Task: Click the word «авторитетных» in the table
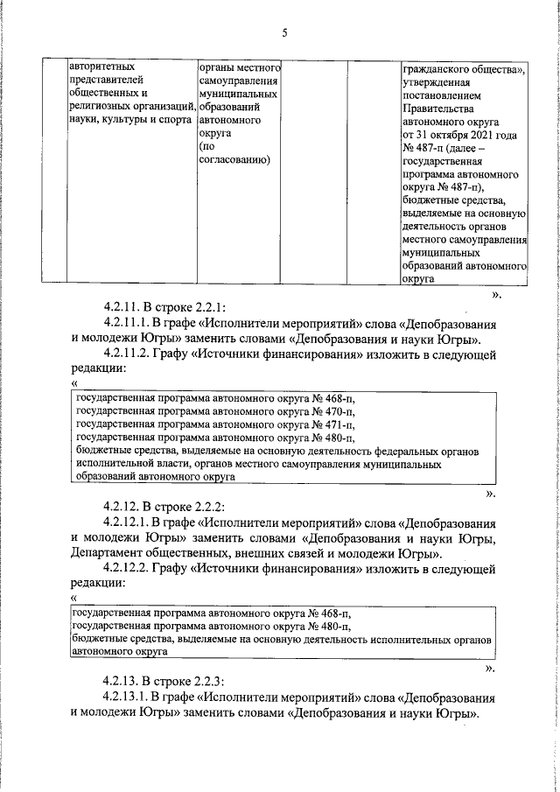pyautogui.click(x=102, y=65)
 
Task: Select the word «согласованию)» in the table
pyautogui.click(x=234, y=160)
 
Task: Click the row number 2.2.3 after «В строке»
pyautogui.click(x=209, y=681)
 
